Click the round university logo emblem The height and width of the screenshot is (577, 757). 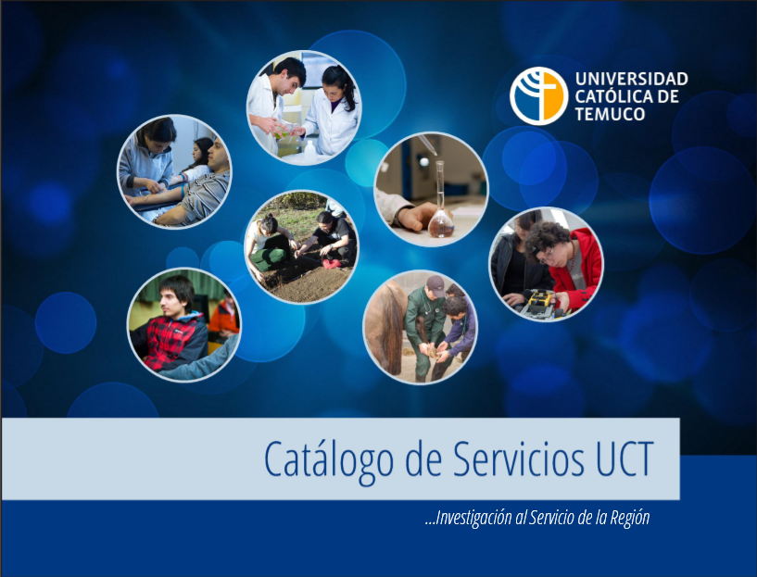(538, 95)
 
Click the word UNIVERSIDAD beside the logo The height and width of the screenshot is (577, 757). (632, 79)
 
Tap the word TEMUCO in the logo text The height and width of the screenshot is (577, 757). (611, 114)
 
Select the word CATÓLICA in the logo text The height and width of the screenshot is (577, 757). (611, 96)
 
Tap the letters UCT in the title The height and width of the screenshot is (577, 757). (625, 458)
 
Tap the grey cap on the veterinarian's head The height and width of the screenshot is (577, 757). (435, 285)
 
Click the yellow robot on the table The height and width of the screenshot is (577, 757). (540, 304)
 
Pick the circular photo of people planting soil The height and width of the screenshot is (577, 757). (302, 247)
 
